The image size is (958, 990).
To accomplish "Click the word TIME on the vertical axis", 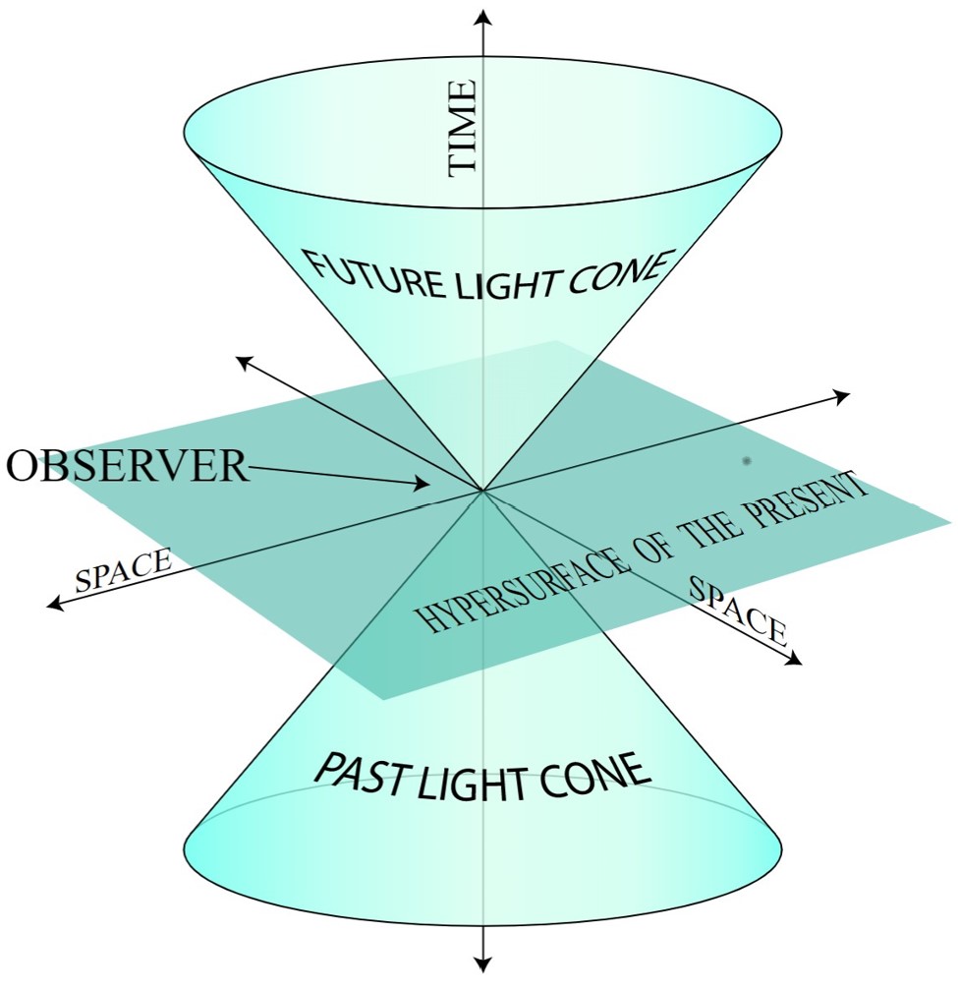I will click(463, 129).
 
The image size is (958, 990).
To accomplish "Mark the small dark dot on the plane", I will click(747, 460).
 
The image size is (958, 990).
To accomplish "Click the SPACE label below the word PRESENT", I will click(738, 610).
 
